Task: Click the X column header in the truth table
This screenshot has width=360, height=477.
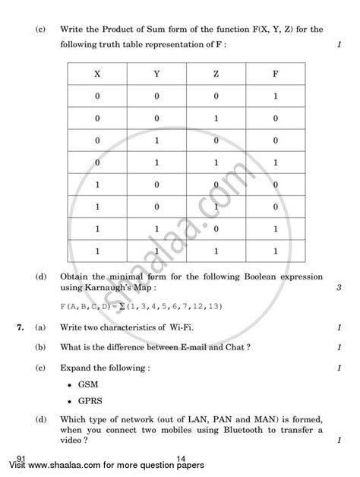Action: click(x=96, y=74)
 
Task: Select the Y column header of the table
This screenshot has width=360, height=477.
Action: click(x=156, y=74)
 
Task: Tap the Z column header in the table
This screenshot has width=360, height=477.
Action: click(x=216, y=74)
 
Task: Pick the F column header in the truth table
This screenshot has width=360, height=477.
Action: click(x=275, y=74)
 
